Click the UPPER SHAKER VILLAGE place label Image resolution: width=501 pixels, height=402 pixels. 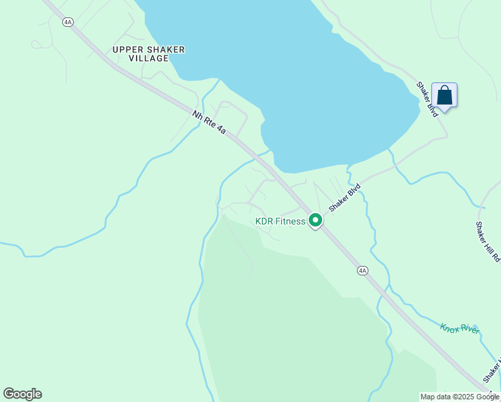(x=149, y=54)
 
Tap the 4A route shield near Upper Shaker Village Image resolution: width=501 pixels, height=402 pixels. (x=68, y=22)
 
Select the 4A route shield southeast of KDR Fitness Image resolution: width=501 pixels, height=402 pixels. (x=362, y=271)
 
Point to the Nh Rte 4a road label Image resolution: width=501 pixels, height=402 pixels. (x=209, y=123)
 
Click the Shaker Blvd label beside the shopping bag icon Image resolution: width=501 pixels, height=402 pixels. (x=427, y=99)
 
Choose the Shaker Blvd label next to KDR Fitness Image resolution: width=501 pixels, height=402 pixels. (x=345, y=198)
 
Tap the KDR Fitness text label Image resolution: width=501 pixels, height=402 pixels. (x=280, y=221)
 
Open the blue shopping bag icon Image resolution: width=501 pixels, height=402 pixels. (x=445, y=96)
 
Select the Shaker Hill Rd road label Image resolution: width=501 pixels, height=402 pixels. (x=488, y=241)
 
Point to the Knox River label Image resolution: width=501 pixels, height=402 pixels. (x=459, y=328)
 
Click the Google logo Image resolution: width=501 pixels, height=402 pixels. (x=22, y=394)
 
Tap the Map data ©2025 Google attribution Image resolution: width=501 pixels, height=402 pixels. (x=459, y=397)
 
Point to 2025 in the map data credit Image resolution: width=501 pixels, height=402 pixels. (x=466, y=397)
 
